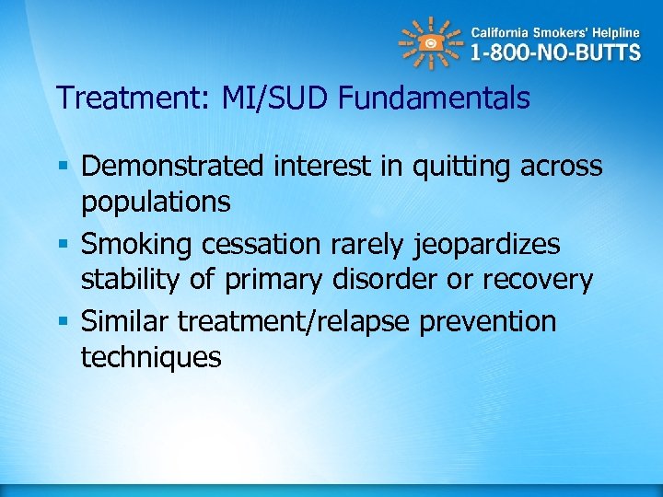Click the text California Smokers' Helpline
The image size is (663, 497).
pyautogui.click(x=554, y=29)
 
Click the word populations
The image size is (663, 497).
pyautogui.click(x=156, y=202)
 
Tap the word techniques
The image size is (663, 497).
pyautogui.click(x=151, y=357)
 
